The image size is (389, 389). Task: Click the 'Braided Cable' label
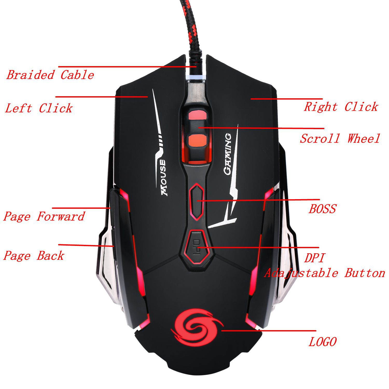click(50, 75)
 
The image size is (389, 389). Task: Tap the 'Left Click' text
click(39, 108)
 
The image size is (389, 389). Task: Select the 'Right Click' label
click(341, 107)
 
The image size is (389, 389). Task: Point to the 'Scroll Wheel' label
click(340, 138)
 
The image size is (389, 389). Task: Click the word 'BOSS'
click(322, 209)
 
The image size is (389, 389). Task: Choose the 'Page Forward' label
click(44, 216)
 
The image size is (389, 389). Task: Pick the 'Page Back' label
click(34, 256)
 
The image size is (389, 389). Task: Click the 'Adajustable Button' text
click(324, 273)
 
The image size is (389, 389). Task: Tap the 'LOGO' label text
click(322, 342)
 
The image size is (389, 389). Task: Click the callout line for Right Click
click(287, 99)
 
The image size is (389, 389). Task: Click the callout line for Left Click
click(101, 97)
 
